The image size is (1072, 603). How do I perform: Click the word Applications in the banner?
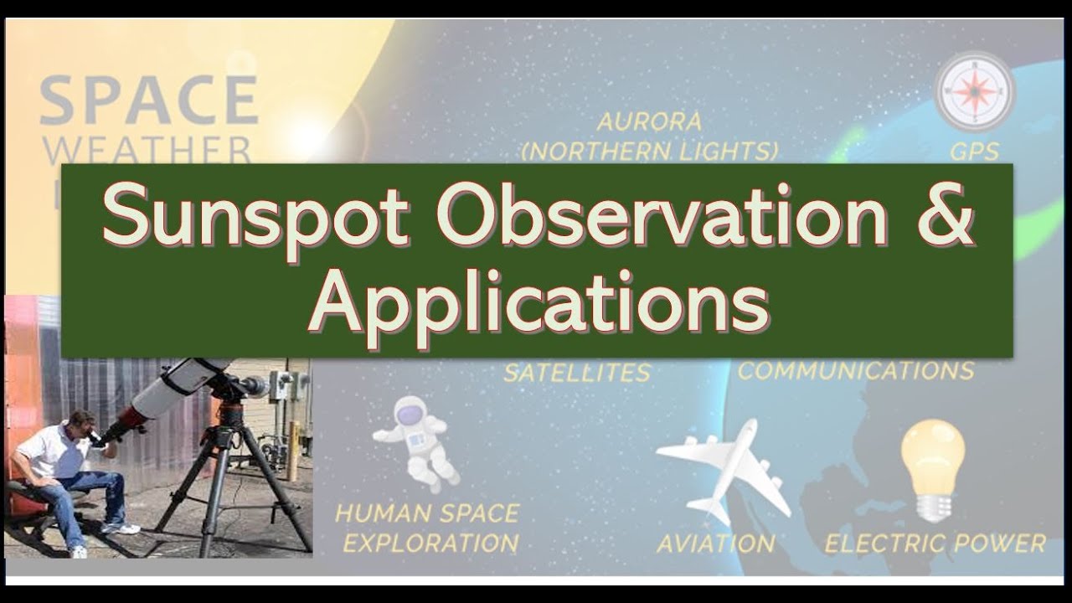click(x=538, y=303)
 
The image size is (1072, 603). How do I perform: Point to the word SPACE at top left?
click(x=148, y=100)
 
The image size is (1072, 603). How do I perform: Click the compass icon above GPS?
click(x=975, y=90)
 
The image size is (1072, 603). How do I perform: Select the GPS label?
click(x=975, y=152)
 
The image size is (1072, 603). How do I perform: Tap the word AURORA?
click(x=649, y=122)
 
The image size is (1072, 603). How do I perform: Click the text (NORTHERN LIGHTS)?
click(x=649, y=152)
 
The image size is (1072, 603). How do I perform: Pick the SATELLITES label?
click(x=577, y=373)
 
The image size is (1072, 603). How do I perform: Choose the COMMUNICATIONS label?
click(x=855, y=370)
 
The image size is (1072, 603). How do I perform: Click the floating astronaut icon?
click(x=415, y=441)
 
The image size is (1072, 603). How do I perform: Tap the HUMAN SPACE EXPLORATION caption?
click(x=427, y=528)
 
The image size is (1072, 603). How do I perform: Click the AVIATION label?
click(x=715, y=544)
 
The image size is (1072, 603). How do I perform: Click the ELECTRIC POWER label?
click(x=935, y=544)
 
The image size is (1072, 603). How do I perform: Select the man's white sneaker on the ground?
click(x=120, y=528)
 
